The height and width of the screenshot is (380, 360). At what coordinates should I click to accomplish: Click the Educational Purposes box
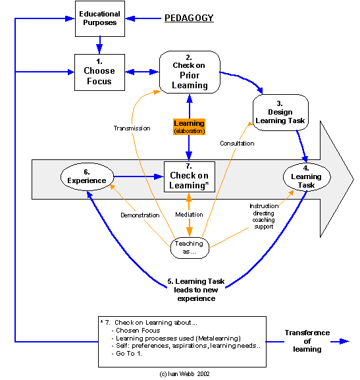coord(100,18)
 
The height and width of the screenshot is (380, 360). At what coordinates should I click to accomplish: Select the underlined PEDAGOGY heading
coord(189,18)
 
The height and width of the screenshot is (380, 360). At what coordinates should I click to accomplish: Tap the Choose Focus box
coord(99,72)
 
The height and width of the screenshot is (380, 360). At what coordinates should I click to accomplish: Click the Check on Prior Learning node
coord(190,72)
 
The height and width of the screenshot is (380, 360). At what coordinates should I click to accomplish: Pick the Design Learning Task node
coord(280,113)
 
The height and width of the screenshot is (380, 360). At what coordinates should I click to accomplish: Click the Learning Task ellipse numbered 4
coord(307,177)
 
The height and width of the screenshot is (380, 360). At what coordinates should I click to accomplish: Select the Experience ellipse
coord(87,176)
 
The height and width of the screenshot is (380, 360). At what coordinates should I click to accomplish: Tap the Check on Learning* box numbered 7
coord(190,177)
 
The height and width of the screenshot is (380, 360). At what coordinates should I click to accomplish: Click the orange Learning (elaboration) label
coord(189,126)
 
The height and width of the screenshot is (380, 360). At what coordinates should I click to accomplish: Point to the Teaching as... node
coord(190,248)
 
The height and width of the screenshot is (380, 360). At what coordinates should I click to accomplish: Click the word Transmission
coord(132,128)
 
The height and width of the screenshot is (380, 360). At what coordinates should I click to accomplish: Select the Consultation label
coord(237,144)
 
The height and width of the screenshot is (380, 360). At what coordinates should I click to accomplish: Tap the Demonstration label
coord(140,215)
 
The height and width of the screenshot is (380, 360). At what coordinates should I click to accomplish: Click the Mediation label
coord(189,215)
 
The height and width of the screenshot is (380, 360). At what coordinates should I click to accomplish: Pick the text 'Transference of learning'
coord(307,341)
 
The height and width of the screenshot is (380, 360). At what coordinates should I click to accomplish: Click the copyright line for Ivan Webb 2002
coord(184,374)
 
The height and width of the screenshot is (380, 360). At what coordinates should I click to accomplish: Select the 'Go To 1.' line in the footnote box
coord(127,354)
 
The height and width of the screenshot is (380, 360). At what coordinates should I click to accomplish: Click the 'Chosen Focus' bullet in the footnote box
coord(136,331)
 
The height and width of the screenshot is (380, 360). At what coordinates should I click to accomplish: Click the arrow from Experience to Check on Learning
coord(139,176)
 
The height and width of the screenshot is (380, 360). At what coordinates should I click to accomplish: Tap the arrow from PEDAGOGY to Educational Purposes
coord(143,18)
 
